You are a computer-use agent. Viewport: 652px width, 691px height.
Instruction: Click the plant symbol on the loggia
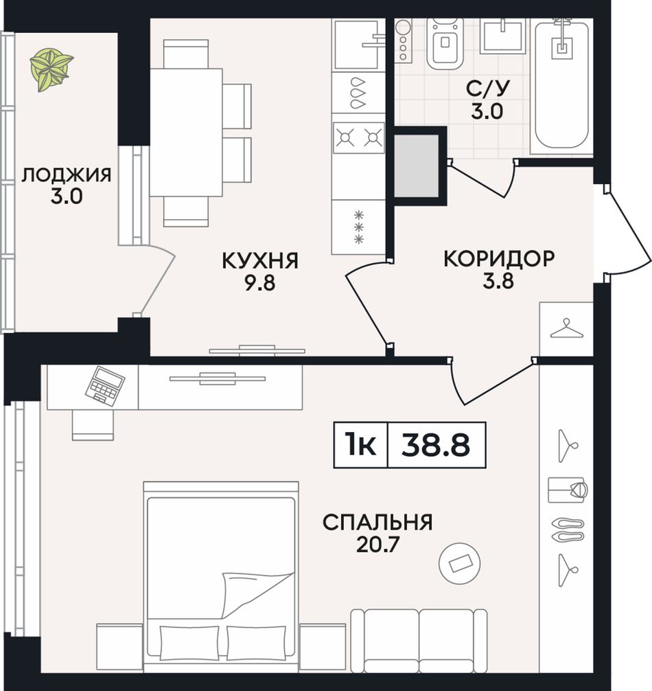pos(51,70)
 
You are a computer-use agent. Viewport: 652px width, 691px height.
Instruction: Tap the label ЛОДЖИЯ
pos(67,175)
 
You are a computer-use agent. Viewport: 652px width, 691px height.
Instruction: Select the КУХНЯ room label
pos(260,260)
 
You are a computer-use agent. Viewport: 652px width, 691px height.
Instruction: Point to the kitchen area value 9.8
pos(260,282)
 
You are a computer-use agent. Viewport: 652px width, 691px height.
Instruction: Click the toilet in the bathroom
pos(445,43)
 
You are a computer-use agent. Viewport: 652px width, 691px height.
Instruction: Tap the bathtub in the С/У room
pos(561,85)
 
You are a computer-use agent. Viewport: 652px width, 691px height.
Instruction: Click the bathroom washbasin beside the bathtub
pos(503,36)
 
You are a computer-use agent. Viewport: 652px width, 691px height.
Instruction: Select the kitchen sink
pos(358,44)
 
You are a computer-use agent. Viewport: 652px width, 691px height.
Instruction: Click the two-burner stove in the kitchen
pos(359,138)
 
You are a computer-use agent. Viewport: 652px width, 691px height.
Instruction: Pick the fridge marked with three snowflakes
pos(359,227)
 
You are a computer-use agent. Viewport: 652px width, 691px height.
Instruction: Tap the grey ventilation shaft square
pos(417,166)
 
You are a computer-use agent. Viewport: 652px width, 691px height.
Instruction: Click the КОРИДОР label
pos(499,258)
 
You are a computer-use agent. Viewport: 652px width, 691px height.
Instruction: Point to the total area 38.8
pos(436,445)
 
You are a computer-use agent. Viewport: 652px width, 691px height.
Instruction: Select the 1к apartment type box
pos(360,445)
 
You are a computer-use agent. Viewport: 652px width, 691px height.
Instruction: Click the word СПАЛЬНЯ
pos(377,523)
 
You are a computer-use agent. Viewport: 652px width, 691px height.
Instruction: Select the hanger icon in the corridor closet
pos(567,329)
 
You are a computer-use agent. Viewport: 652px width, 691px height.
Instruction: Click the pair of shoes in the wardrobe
pos(568,530)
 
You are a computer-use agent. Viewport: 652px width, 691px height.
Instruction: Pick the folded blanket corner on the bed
pos(257,595)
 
